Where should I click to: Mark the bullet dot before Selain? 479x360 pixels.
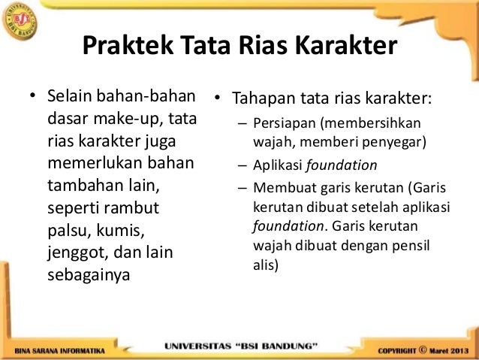[32, 99]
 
